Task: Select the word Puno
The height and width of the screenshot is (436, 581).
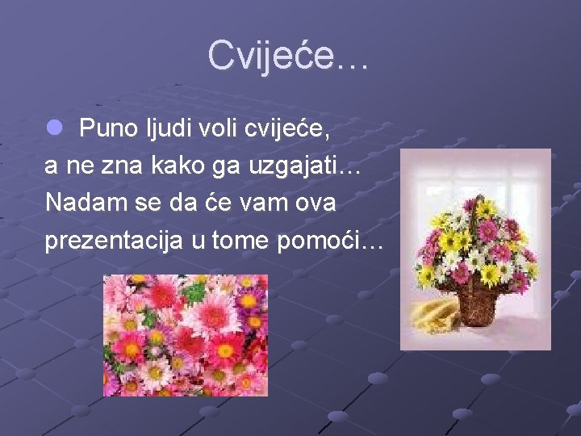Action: click(x=109, y=127)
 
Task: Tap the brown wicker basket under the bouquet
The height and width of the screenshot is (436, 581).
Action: click(x=478, y=303)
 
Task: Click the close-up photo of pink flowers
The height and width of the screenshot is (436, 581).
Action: click(x=185, y=334)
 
